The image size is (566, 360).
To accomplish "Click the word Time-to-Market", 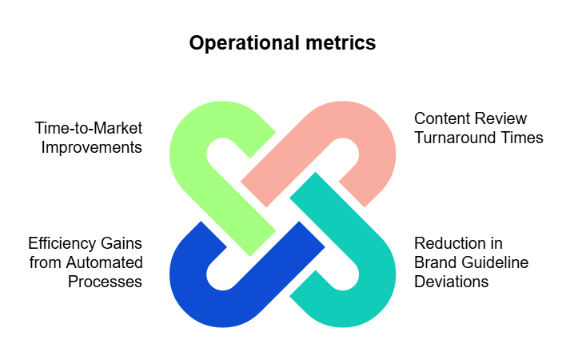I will tap(89, 129).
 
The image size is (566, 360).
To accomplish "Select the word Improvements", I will tap(94, 148).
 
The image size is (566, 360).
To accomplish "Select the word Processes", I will tap(105, 282).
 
